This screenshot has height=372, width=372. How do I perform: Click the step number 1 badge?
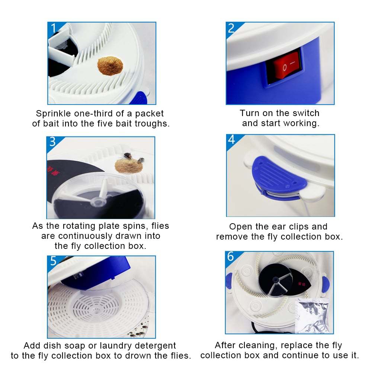(x=53, y=28)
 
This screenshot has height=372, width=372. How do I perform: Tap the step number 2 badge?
(x=231, y=28)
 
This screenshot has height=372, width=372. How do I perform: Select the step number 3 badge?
(x=52, y=142)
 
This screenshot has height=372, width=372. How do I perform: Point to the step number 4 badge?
(x=232, y=140)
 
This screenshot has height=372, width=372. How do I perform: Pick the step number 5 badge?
(x=53, y=261)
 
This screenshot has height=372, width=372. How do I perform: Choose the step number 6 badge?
(x=231, y=257)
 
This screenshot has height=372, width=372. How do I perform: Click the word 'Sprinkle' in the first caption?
(x=51, y=113)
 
